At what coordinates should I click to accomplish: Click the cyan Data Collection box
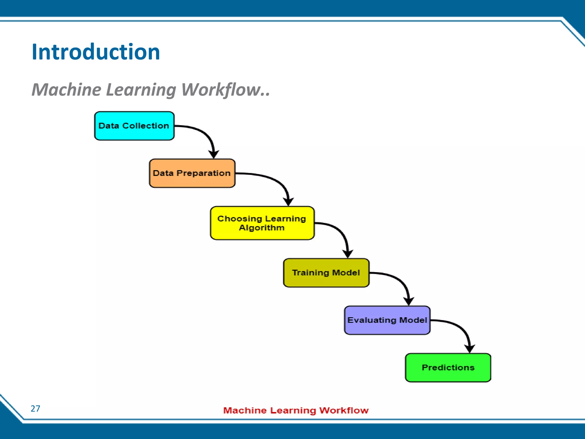click(x=134, y=126)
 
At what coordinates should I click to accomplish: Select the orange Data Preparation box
click(x=192, y=173)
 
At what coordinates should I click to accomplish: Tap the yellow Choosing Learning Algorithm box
click(x=262, y=223)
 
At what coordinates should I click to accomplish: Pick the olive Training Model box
click(x=326, y=273)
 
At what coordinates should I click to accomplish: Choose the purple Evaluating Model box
click(x=387, y=320)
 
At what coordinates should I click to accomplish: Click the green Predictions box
click(x=448, y=368)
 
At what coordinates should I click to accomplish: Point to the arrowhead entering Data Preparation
click(x=214, y=154)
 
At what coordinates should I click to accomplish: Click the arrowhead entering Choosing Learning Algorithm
click(x=289, y=201)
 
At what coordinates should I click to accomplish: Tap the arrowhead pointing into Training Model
click(x=348, y=254)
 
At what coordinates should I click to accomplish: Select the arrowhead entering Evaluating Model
click(x=409, y=301)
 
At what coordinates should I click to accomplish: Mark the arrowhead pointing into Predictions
click(x=470, y=348)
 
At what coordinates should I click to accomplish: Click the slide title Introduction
click(x=96, y=52)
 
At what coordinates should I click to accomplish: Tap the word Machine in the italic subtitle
click(x=66, y=90)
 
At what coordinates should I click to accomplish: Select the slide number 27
click(x=35, y=409)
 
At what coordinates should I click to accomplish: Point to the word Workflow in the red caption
click(x=344, y=410)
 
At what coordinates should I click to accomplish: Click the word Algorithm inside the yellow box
click(x=262, y=228)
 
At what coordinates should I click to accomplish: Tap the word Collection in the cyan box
click(x=146, y=126)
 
